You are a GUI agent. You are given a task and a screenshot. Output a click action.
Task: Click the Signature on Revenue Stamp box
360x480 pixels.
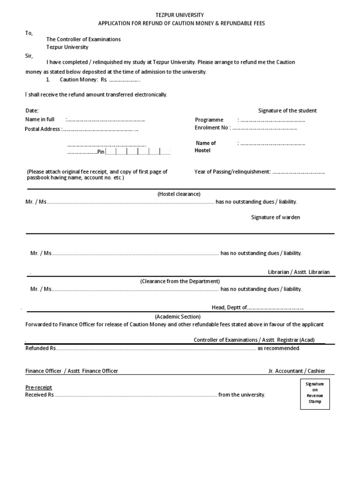click(315, 393)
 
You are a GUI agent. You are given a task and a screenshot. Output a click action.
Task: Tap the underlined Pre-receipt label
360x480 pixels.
click(38, 387)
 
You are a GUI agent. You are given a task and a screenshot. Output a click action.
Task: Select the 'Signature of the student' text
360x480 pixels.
click(287, 111)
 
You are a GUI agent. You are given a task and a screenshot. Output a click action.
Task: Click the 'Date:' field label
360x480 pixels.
click(32, 111)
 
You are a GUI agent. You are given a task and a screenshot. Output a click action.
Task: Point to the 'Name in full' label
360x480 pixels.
click(40, 120)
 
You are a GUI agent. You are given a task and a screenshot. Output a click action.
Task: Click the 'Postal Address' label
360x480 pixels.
click(42, 129)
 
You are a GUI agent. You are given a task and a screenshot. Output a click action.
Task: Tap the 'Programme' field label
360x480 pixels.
click(209, 120)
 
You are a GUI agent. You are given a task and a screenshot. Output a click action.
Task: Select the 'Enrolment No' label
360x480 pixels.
click(212, 127)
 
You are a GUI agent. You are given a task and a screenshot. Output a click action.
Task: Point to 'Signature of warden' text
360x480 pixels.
click(276, 217)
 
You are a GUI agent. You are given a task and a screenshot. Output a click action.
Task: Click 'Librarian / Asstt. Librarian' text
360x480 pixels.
click(299, 272)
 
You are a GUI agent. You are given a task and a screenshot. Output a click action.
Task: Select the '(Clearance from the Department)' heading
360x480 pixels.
click(180, 281)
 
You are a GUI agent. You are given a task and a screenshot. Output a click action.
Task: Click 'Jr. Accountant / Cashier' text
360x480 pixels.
click(296, 371)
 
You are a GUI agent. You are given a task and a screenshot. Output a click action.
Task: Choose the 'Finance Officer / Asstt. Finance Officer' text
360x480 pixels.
click(72, 371)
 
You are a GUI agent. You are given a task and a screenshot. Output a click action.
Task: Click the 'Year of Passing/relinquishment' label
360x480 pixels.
click(232, 172)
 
